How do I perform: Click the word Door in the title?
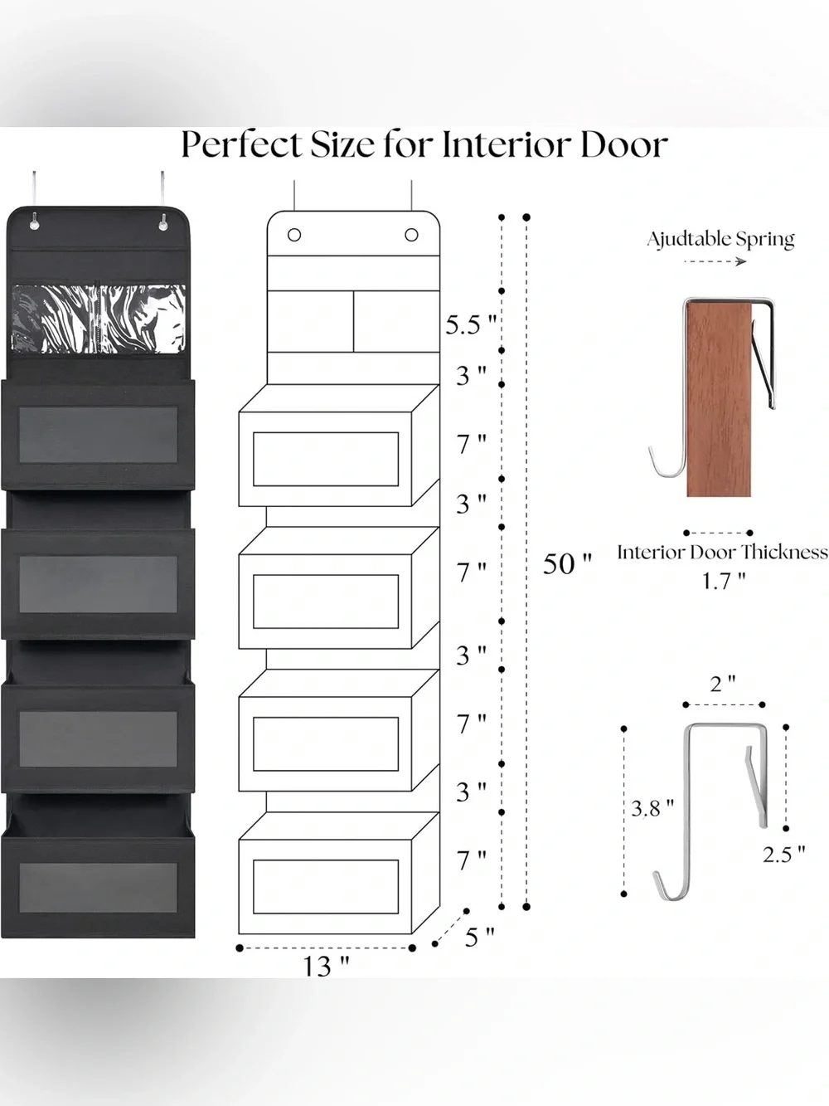(624, 145)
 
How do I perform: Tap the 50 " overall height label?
(567, 563)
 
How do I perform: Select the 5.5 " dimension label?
(471, 324)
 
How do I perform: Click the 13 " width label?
(326, 966)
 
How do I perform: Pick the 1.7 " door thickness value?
(723, 581)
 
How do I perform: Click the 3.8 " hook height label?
(652, 809)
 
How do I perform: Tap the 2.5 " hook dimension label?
(783, 854)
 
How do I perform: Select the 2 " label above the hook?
(723, 685)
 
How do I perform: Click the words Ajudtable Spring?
(720, 239)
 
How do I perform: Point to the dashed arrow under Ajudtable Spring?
(715, 261)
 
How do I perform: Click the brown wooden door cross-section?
(719, 399)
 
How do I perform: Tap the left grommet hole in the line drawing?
(294, 235)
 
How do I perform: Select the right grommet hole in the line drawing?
(411, 235)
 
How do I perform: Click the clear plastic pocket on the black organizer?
(98, 319)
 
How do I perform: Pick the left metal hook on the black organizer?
(34, 202)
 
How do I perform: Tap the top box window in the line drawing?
(326, 459)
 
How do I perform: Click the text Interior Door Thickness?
(722, 553)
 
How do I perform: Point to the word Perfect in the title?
(241, 145)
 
